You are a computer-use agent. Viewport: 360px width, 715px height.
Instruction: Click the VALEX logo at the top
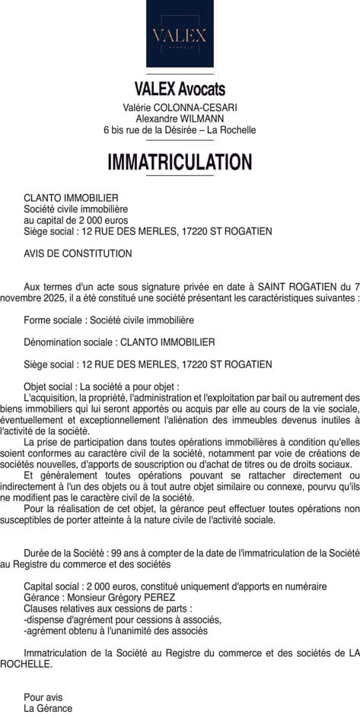180,34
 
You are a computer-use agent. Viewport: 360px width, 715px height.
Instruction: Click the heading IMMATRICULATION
180,162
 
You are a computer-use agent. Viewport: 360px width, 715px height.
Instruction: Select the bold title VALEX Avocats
180,90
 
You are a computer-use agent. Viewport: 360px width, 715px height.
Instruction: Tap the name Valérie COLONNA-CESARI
180,107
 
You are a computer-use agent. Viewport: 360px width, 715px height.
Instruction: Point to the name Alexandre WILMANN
180,119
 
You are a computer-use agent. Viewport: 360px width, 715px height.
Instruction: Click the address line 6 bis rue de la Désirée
180,130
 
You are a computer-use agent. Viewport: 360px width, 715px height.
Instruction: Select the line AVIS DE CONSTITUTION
78,253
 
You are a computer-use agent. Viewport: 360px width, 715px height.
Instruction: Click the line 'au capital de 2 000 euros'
75,220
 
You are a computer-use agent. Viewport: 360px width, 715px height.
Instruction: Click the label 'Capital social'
53,586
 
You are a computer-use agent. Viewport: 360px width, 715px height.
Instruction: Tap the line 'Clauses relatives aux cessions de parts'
107,609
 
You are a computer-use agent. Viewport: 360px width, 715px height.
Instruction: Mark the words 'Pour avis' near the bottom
43,697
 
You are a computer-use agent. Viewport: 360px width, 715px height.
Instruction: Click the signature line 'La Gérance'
48,708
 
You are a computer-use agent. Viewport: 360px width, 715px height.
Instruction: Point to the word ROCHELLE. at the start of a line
26,663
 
